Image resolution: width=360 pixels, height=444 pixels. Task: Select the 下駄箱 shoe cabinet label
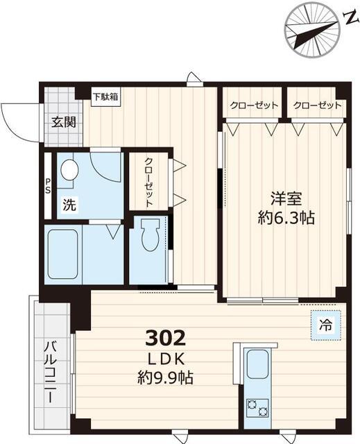(x=105, y=97)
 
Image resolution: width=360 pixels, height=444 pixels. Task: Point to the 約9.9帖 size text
(x=165, y=378)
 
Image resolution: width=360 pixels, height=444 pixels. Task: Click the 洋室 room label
(x=284, y=198)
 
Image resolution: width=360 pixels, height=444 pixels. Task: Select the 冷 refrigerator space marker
(x=325, y=324)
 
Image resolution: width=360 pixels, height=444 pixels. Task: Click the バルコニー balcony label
(x=51, y=375)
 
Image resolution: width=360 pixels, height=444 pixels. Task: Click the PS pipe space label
(x=48, y=187)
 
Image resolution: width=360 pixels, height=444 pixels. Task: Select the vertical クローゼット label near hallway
(x=148, y=180)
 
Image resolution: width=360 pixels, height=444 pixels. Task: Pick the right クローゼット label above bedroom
(x=317, y=105)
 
